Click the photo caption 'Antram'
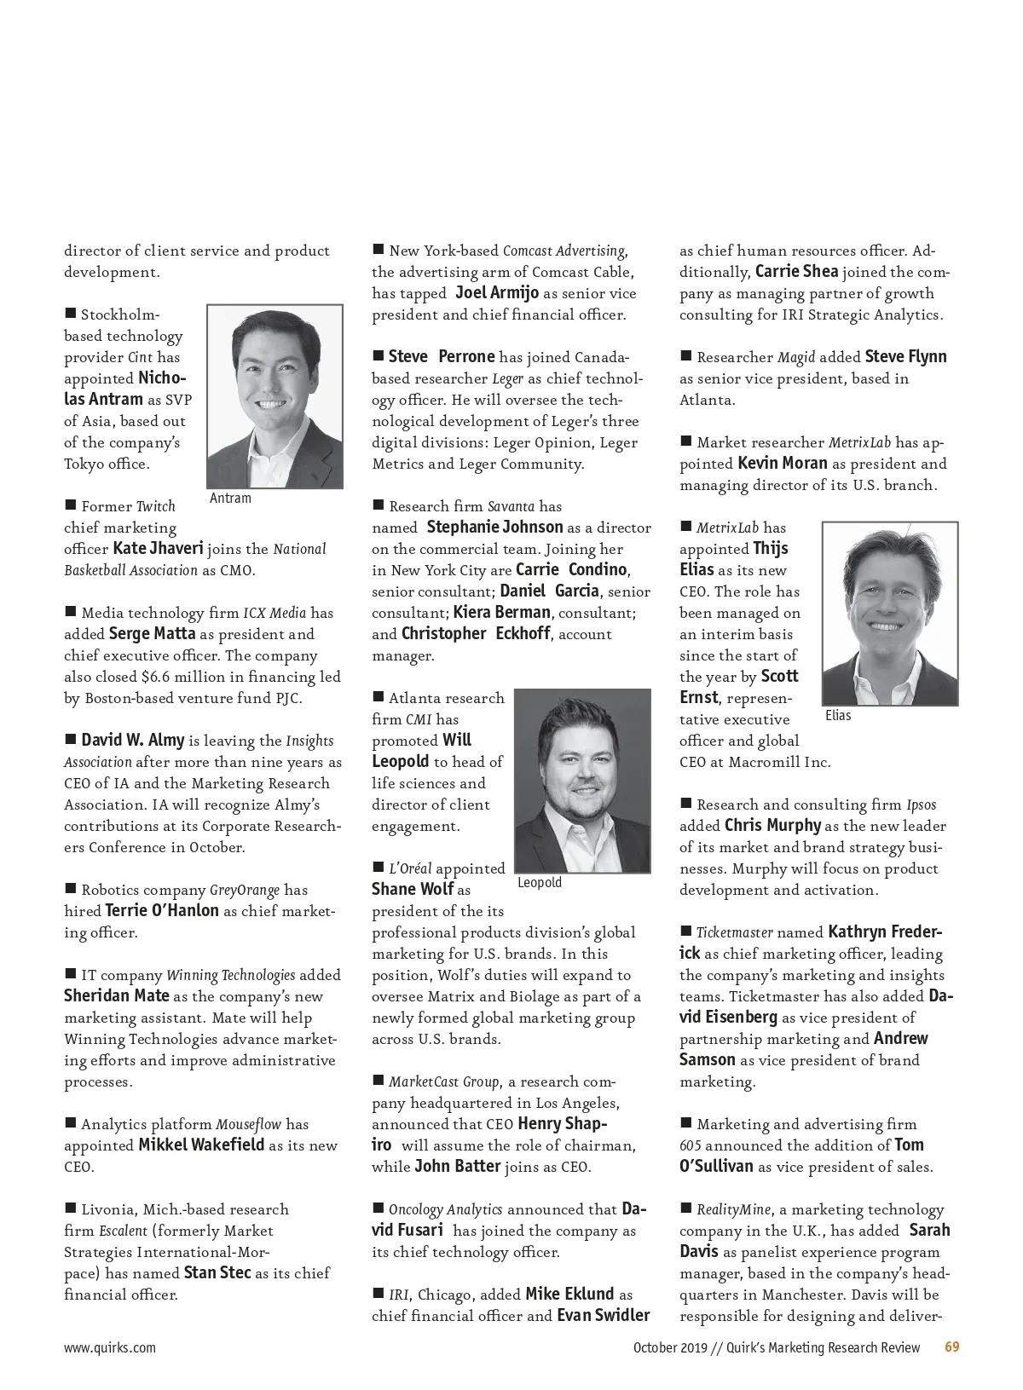[x=230, y=499]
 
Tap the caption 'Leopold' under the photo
[x=540, y=883]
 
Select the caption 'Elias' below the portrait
[x=838, y=716]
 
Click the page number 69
[x=952, y=1347]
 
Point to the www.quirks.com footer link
[x=110, y=1348]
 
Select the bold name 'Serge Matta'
[x=152, y=634]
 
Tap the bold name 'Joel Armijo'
[x=497, y=293]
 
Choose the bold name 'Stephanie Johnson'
[x=494, y=528]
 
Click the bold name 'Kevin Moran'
[x=782, y=464]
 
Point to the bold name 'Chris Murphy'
[x=772, y=826]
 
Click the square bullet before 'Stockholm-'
[x=71, y=314]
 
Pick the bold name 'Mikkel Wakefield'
[x=201, y=1145]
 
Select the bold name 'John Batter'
[x=457, y=1167]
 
